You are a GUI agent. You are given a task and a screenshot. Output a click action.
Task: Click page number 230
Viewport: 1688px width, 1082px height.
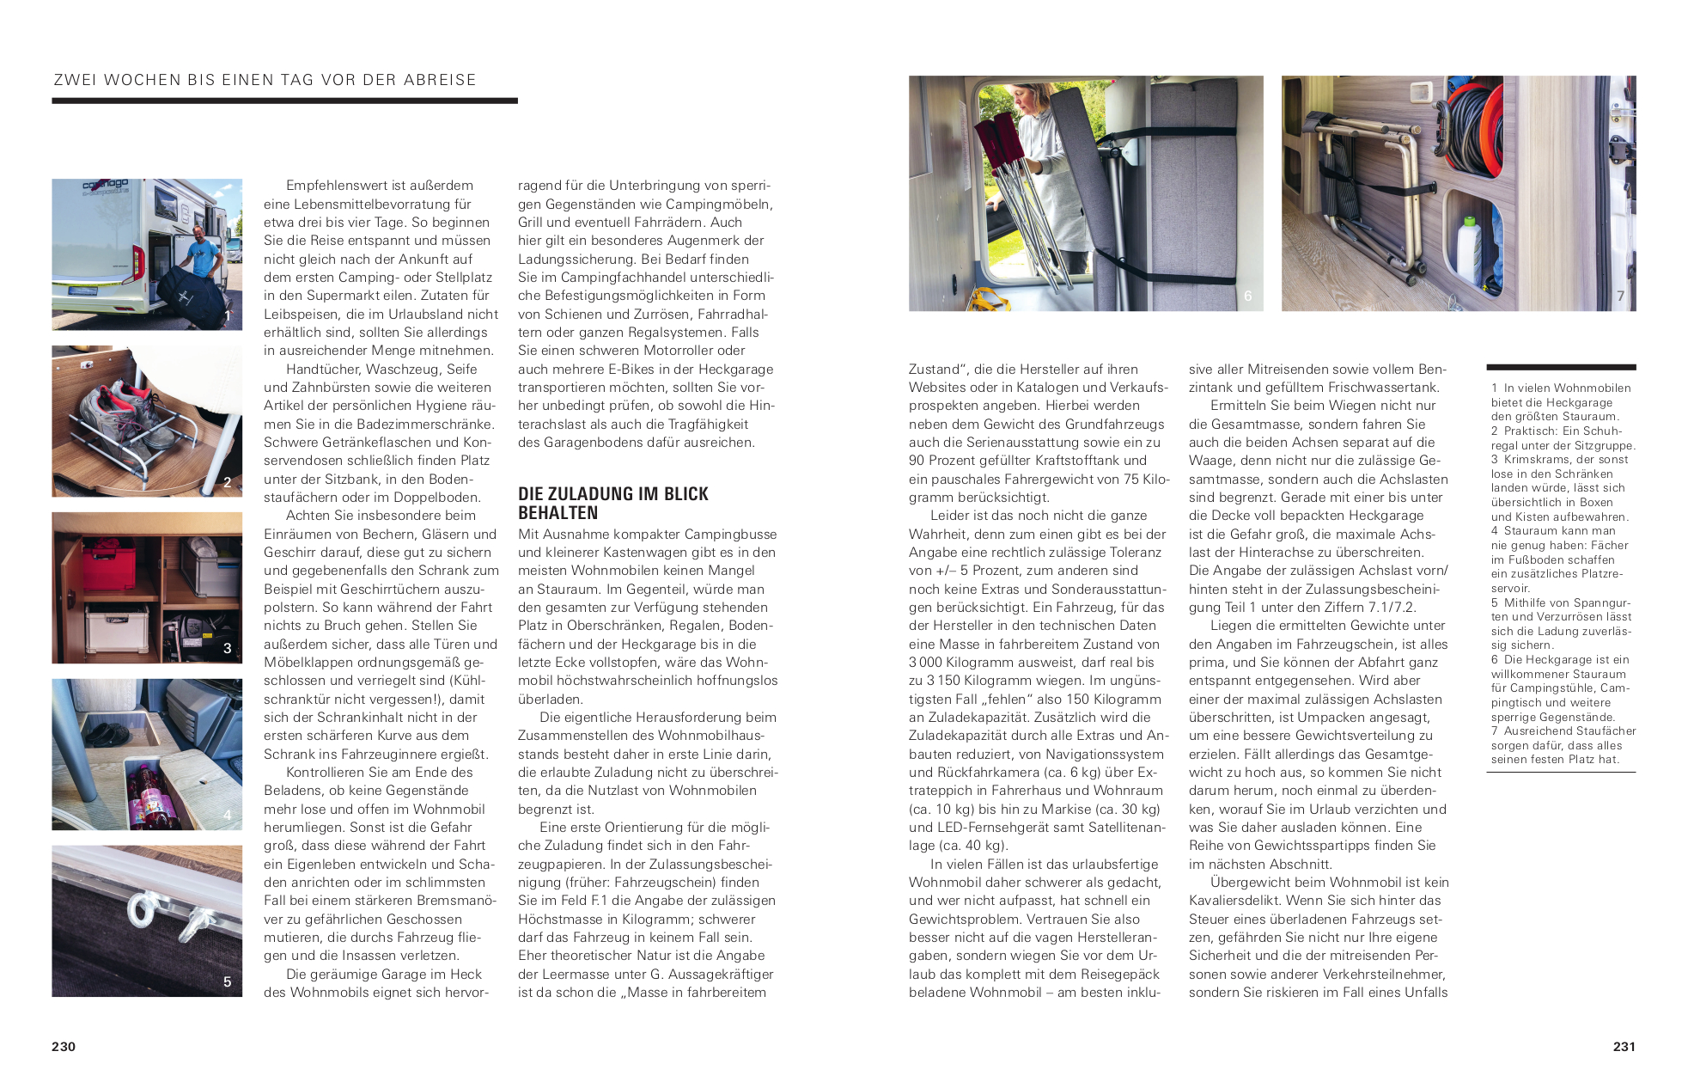coord(64,1046)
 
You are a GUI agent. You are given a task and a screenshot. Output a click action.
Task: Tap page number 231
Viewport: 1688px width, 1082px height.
coord(1624,1046)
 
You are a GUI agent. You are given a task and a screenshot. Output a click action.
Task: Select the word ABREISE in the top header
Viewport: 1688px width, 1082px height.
coord(440,80)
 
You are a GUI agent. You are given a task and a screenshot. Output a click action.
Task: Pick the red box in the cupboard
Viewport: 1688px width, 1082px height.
coord(109,566)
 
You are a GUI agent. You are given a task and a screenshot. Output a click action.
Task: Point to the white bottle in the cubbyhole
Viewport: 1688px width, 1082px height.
coord(1468,254)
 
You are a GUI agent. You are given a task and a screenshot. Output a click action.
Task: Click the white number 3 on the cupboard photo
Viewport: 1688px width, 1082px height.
coord(227,648)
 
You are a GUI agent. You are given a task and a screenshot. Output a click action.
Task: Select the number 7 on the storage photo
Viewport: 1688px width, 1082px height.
coord(1620,296)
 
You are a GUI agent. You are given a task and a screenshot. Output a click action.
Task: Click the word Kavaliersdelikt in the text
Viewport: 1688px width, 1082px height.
coord(1230,901)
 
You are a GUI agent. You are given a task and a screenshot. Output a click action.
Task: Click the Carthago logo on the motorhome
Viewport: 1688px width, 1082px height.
coord(105,186)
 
